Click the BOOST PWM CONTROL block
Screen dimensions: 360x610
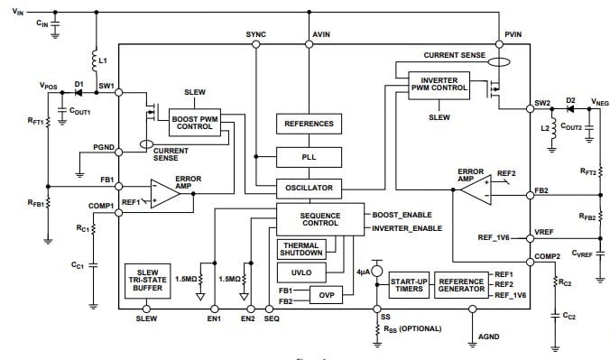click(194, 120)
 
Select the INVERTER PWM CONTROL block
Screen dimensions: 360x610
click(439, 86)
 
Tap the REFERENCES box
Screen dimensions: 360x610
click(309, 124)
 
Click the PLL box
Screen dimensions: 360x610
click(309, 157)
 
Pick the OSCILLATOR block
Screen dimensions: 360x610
click(309, 189)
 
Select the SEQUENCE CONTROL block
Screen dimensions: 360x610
click(319, 218)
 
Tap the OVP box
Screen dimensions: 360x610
click(326, 294)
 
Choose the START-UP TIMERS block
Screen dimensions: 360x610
click(408, 284)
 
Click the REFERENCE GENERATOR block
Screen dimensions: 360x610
click(461, 284)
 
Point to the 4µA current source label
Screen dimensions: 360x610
click(364, 270)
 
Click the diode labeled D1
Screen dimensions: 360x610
click(79, 93)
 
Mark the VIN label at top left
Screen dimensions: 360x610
click(19, 9)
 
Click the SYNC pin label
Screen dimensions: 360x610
click(255, 33)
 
